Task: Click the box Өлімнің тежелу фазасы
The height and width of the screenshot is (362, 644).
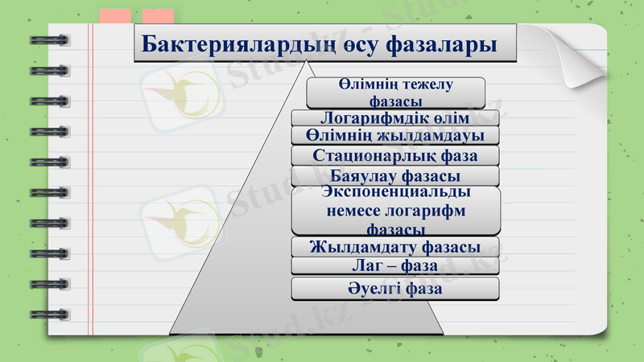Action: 395,93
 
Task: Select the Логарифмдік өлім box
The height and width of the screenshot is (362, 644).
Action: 394,118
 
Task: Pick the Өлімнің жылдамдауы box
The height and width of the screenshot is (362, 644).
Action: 394,135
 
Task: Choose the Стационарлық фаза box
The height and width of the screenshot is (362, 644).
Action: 394,155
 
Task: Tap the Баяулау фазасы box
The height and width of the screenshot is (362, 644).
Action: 394,175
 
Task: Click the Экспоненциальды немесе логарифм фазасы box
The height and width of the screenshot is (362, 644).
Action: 394,211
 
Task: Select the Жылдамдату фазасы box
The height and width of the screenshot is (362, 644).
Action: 394,246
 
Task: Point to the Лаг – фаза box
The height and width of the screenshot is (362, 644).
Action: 394,265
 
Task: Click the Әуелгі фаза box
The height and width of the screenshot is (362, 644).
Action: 394,288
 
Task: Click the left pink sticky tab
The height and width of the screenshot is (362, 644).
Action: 116,16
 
